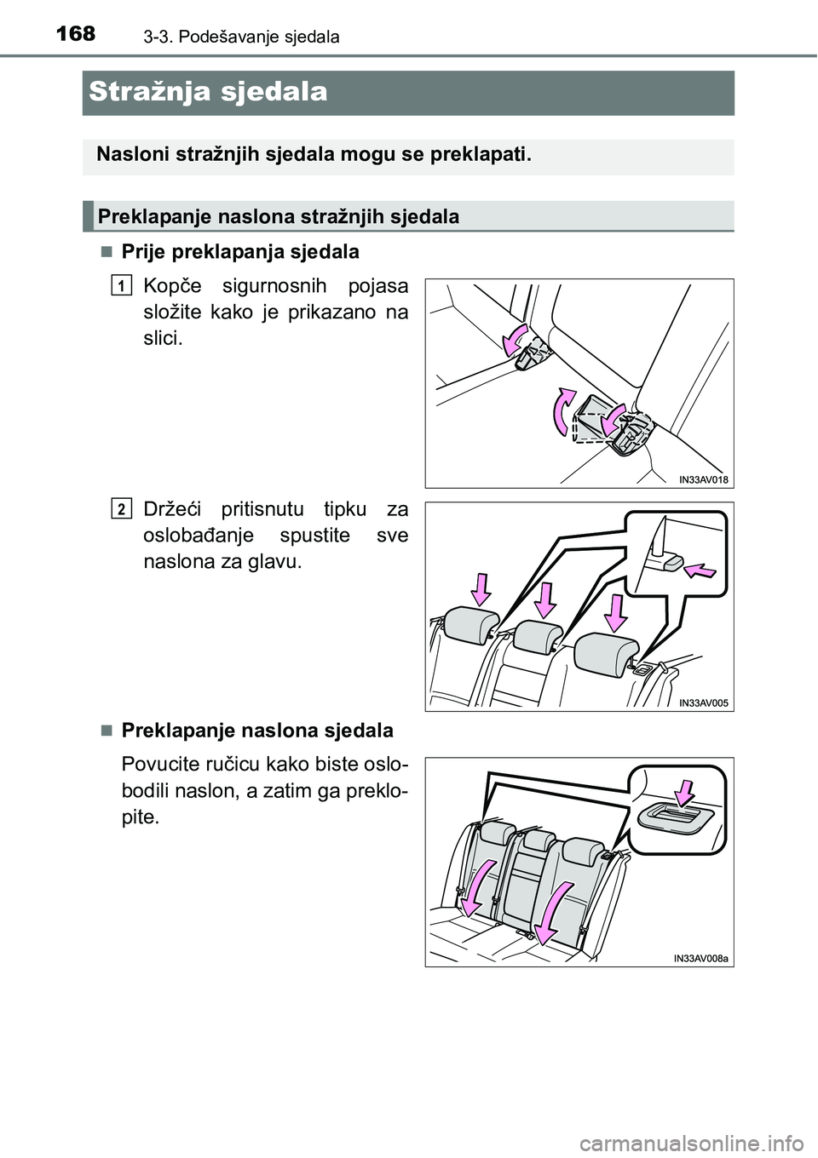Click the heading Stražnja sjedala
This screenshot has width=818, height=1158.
208,92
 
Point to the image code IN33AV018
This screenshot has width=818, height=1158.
703,479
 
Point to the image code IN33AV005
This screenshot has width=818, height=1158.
703,702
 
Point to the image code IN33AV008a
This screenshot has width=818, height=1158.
700,958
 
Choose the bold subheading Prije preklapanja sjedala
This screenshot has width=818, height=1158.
240,252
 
